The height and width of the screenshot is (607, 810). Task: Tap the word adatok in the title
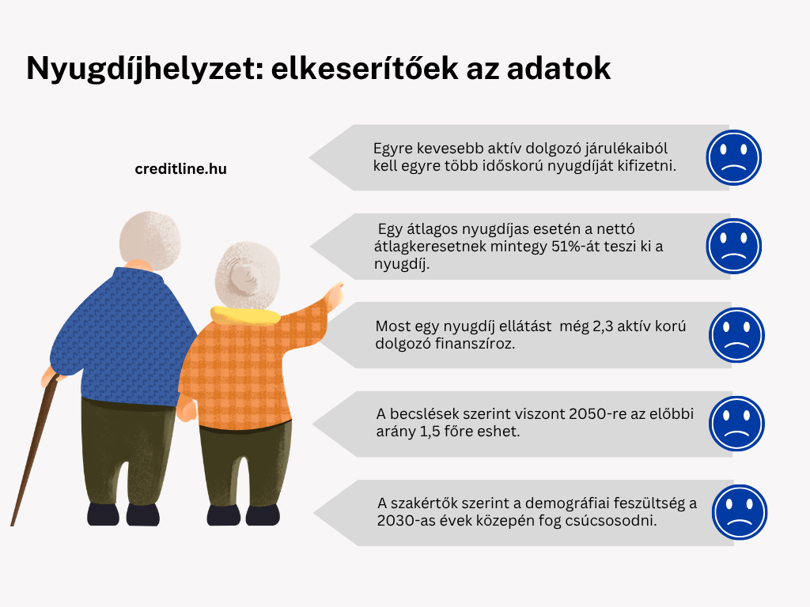559,69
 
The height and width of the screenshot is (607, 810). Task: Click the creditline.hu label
181,169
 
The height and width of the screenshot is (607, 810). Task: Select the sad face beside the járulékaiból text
733,157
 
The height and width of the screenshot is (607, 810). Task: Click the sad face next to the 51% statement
733,247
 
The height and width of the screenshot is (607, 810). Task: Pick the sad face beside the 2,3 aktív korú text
736,335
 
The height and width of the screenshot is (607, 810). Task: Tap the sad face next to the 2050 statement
736,424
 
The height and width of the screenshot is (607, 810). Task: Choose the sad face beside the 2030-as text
740,512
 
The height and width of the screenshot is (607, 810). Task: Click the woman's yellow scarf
244,315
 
